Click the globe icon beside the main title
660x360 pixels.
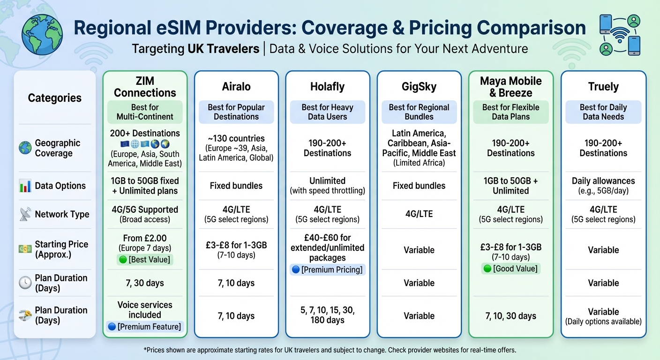click(x=43, y=30)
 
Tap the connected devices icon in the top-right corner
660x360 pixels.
click(x=620, y=35)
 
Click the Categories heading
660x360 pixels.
click(x=54, y=98)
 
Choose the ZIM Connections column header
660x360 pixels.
click(x=145, y=87)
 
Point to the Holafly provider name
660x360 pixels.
click(x=327, y=87)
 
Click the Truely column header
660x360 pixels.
click(x=603, y=87)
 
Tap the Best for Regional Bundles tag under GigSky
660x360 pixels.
click(x=419, y=112)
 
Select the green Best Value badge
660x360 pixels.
click(x=145, y=259)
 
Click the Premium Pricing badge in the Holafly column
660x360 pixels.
click(x=327, y=270)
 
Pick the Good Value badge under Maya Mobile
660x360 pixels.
click(x=510, y=269)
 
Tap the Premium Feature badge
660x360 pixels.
click(x=145, y=327)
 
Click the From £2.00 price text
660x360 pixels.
click(x=145, y=238)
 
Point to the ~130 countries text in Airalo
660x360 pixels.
click(x=236, y=138)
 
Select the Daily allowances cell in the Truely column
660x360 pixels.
click(x=603, y=186)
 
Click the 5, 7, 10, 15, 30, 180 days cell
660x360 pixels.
click(x=327, y=315)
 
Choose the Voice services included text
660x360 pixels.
click(x=145, y=310)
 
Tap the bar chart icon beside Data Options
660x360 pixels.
click(x=25, y=186)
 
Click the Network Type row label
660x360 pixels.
click(x=62, y=214)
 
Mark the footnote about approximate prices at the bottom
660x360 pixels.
click(x=330, y=350)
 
